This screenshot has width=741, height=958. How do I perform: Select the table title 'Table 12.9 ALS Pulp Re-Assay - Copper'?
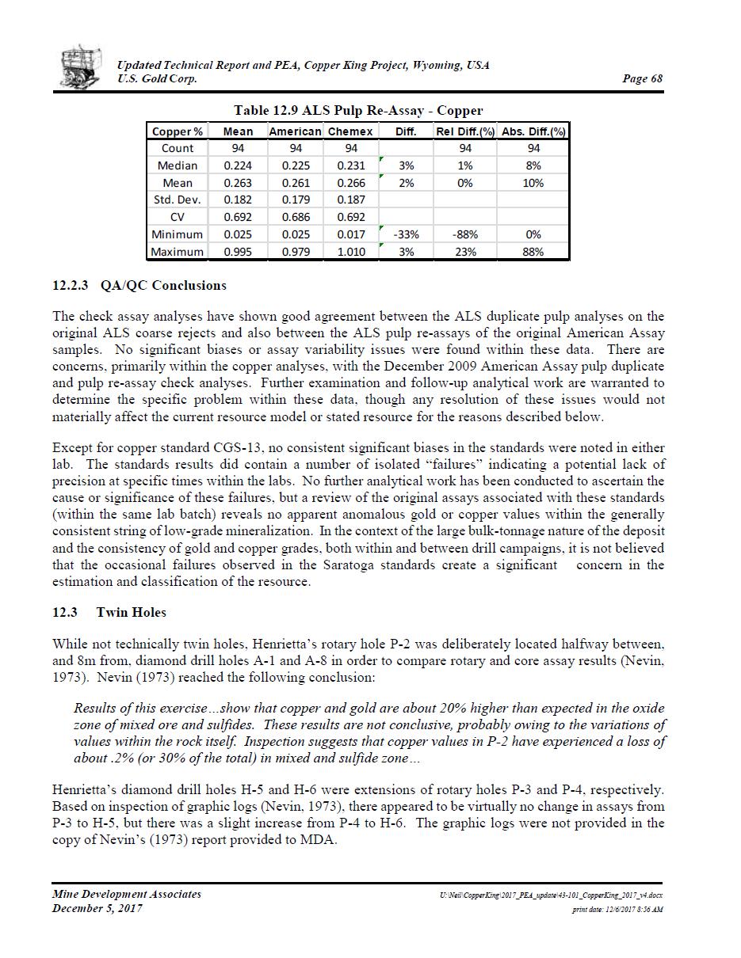357,111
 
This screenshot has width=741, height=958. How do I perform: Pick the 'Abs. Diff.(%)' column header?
533,131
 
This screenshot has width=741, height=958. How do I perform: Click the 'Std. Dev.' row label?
178,200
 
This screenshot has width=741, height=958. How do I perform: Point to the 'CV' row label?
178,217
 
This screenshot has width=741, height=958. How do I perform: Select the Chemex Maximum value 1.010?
351,252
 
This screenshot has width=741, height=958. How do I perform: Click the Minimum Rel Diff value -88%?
465,234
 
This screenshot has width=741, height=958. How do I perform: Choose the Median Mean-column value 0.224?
238,165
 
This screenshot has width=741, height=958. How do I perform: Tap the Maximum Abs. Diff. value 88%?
533,252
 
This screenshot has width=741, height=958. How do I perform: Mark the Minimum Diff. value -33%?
406,234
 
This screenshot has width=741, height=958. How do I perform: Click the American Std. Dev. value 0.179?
296,200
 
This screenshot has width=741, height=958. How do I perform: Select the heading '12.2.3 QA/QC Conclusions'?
139,286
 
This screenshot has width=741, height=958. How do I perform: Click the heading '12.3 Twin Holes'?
109,612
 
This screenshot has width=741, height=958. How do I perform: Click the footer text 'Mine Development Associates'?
127,894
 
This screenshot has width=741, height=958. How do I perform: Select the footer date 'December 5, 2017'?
97,908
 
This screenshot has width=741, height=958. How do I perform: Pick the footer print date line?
617,910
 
